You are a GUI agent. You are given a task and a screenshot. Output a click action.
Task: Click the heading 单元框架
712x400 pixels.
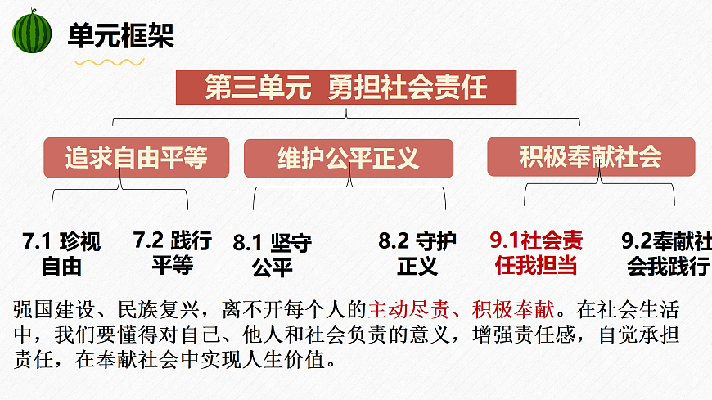pyautogui.click(x=120, y=36)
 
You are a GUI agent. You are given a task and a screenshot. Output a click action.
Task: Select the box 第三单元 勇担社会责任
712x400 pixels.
pyautogui.click(x=346, y=88)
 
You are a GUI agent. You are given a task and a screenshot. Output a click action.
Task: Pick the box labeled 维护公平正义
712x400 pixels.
pyautogui.click(x=348, y=158)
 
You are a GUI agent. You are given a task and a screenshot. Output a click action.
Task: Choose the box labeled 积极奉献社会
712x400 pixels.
pyautogui.click(x=590, y=156)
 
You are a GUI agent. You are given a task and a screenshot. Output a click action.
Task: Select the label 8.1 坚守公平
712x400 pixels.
pyautogui.click(x=272, y=254)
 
